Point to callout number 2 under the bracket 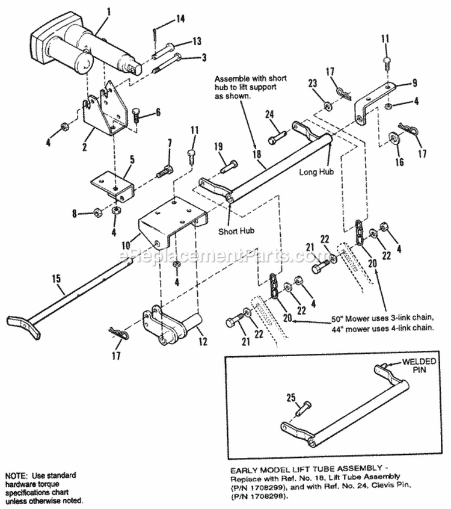click(85, 146)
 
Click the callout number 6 click(158, 111)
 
